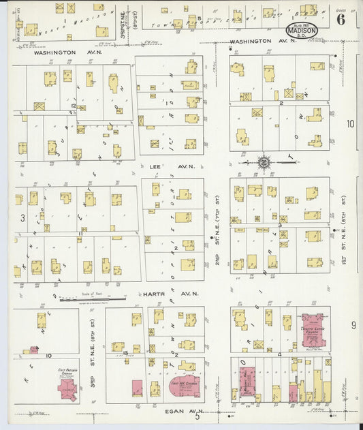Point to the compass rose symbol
tap(264, 162)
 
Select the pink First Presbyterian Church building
tap(67, 388)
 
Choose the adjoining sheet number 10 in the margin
tap(350, 124)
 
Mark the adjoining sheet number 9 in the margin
tap(353, 326)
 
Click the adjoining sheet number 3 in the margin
tap(22, 218)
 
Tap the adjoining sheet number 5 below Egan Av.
tap(197, 416)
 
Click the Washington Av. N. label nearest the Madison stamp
tap(254, 41)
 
